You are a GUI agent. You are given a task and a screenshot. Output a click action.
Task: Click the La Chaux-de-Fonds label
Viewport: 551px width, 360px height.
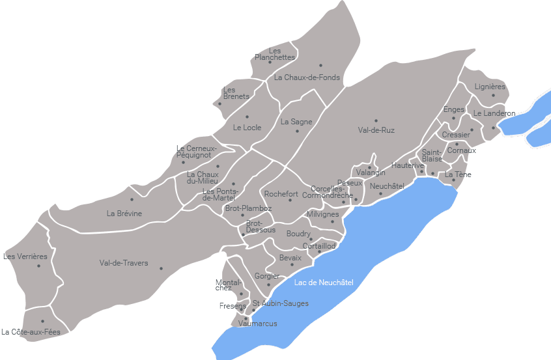point(307,77)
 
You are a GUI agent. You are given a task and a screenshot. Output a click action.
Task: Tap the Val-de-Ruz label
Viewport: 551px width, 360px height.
point(376,130)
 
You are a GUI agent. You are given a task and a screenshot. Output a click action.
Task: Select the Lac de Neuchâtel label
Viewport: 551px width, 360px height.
point(324,283)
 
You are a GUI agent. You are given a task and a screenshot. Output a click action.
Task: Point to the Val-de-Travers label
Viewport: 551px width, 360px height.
point(124,263)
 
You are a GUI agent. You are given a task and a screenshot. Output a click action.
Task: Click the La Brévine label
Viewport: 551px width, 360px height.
point(124,214)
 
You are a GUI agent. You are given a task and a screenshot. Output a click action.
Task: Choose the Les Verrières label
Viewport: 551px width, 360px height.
point(25,256)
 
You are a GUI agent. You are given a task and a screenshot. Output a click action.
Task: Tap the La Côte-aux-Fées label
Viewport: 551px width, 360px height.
point(31,332)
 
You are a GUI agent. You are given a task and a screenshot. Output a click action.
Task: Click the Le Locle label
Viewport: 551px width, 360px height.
point(247,128)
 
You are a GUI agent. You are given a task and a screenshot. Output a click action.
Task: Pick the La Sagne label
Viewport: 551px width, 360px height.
point(296,122)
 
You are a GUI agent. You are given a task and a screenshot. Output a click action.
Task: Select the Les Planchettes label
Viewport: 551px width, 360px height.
point(275,54)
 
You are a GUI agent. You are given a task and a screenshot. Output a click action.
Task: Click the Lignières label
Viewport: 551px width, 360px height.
point(490,87)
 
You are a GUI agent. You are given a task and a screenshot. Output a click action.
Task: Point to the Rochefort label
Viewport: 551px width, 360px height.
point(281,194)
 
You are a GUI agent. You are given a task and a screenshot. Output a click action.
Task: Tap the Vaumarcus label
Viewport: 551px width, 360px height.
point(257,324)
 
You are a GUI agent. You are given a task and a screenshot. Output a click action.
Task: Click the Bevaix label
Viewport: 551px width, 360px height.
point(290,258)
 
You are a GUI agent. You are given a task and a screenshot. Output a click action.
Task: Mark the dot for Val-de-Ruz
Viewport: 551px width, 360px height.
point(376,120)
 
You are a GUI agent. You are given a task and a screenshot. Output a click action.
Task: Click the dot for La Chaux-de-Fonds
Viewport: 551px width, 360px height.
point(320,65)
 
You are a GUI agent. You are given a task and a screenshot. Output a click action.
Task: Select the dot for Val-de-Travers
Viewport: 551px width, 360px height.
point(161,268)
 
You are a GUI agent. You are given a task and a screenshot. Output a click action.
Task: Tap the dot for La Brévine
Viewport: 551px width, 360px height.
point(132,199)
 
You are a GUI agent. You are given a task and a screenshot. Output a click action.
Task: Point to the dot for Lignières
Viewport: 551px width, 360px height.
point(493,95)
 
